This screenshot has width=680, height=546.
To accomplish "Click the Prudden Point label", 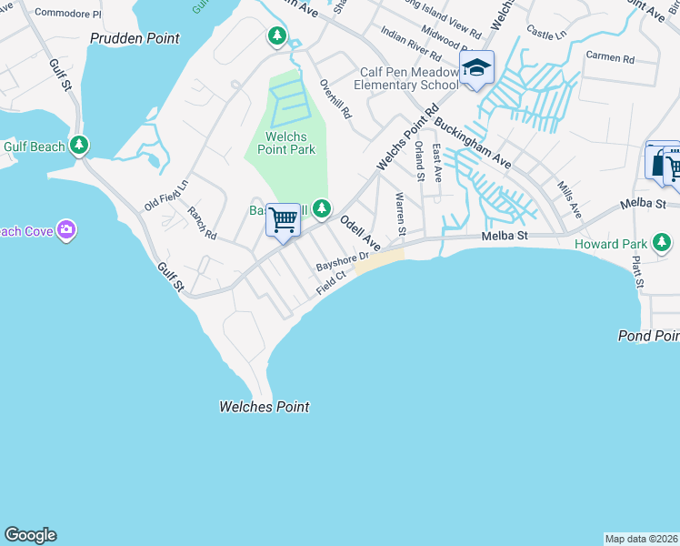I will (135, 38).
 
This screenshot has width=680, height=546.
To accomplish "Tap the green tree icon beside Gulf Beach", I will (80, 144).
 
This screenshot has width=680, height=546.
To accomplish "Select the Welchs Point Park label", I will (285, 142).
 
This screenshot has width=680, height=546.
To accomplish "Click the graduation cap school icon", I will (476, 69).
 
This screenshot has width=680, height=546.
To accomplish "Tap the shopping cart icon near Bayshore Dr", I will (284, 219).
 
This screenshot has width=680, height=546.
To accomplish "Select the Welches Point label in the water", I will (265, 407).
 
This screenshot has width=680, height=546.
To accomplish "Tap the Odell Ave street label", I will (359, 232).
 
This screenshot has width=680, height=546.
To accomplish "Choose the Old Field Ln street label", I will (166, 195).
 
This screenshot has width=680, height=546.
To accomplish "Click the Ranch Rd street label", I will (202, 223).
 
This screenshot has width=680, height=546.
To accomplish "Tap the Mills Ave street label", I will (570, 197).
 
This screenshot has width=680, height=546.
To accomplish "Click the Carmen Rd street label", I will (610, 56).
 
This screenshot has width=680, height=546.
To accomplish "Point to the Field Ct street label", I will (332, 282).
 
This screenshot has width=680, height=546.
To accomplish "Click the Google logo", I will (30, 535).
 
